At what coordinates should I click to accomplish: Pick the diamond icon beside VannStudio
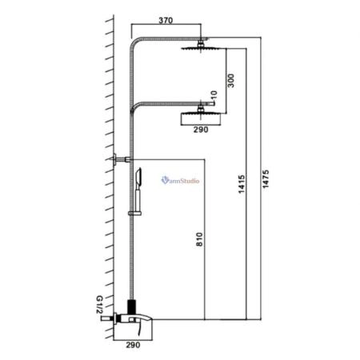click(165, 181)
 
